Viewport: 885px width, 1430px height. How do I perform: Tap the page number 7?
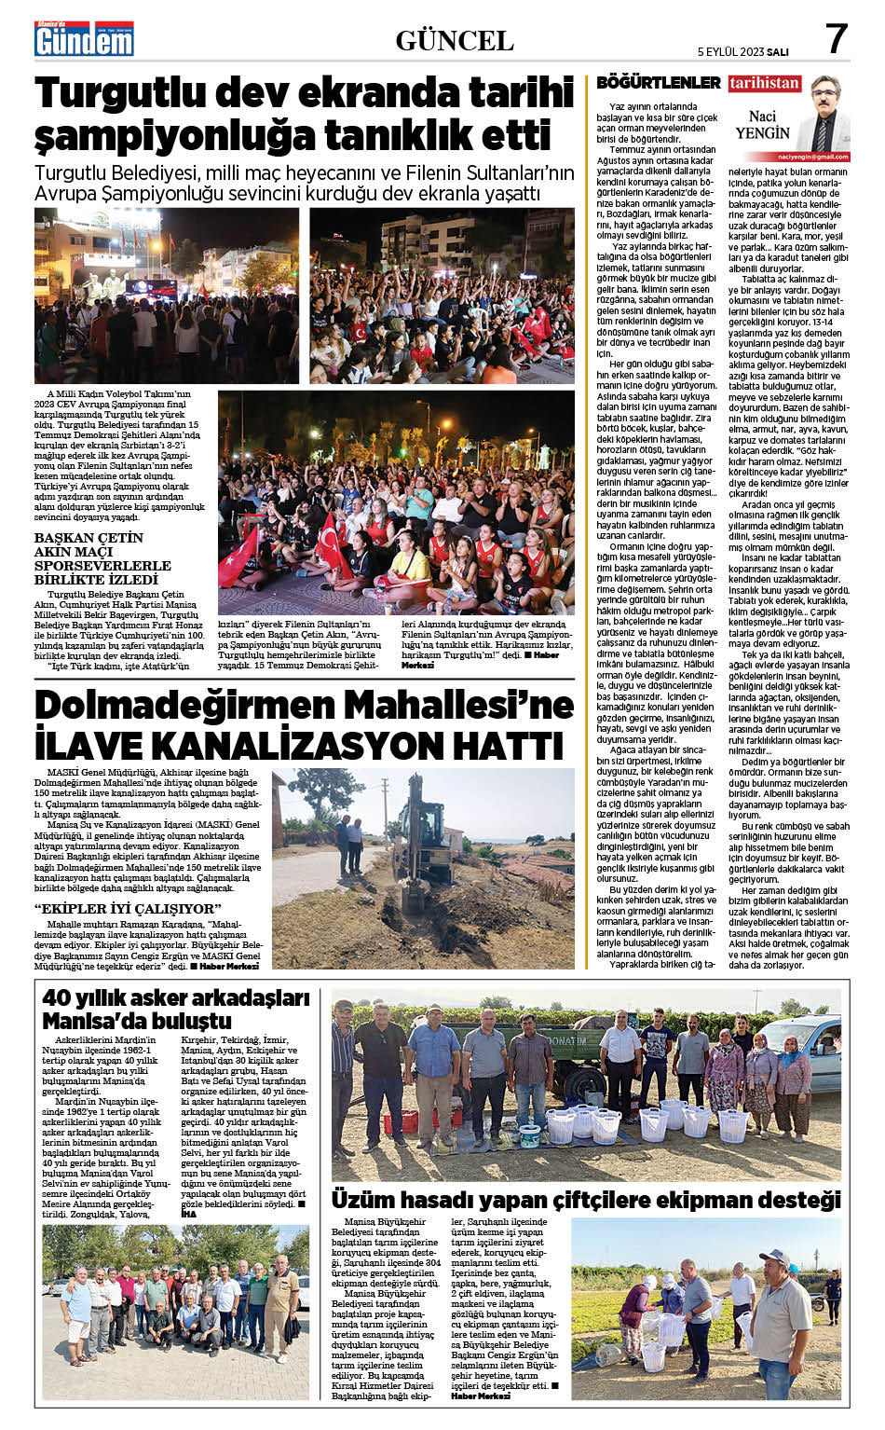837,39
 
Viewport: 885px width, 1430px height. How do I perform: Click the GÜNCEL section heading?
455,40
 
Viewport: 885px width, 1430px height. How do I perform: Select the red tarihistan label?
765,83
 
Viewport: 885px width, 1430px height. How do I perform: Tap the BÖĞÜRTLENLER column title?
659,83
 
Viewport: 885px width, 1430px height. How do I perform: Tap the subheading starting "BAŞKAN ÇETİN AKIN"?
102,558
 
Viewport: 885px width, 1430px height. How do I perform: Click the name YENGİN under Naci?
763,132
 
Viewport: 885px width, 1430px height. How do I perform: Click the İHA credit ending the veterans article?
188,1215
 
